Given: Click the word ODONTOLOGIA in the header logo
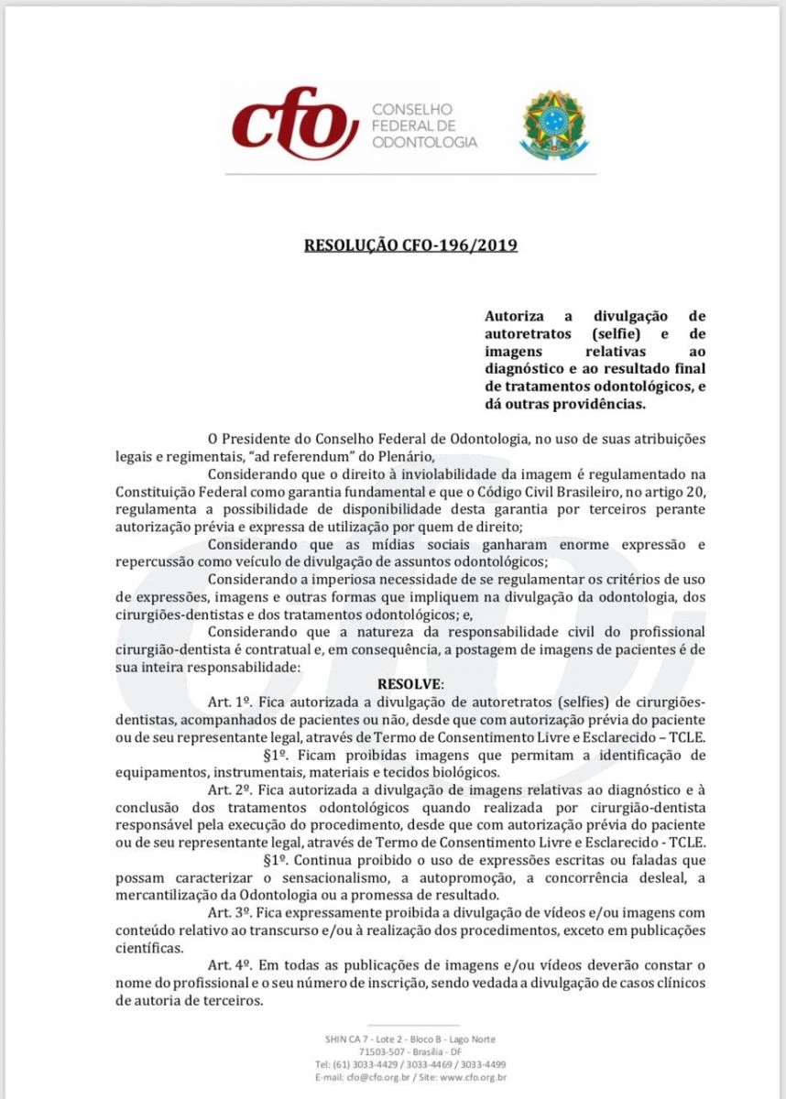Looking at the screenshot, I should click(425, 143).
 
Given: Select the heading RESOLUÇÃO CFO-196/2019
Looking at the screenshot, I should click(410, 245).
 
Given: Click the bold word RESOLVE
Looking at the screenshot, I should click(409, 685).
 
